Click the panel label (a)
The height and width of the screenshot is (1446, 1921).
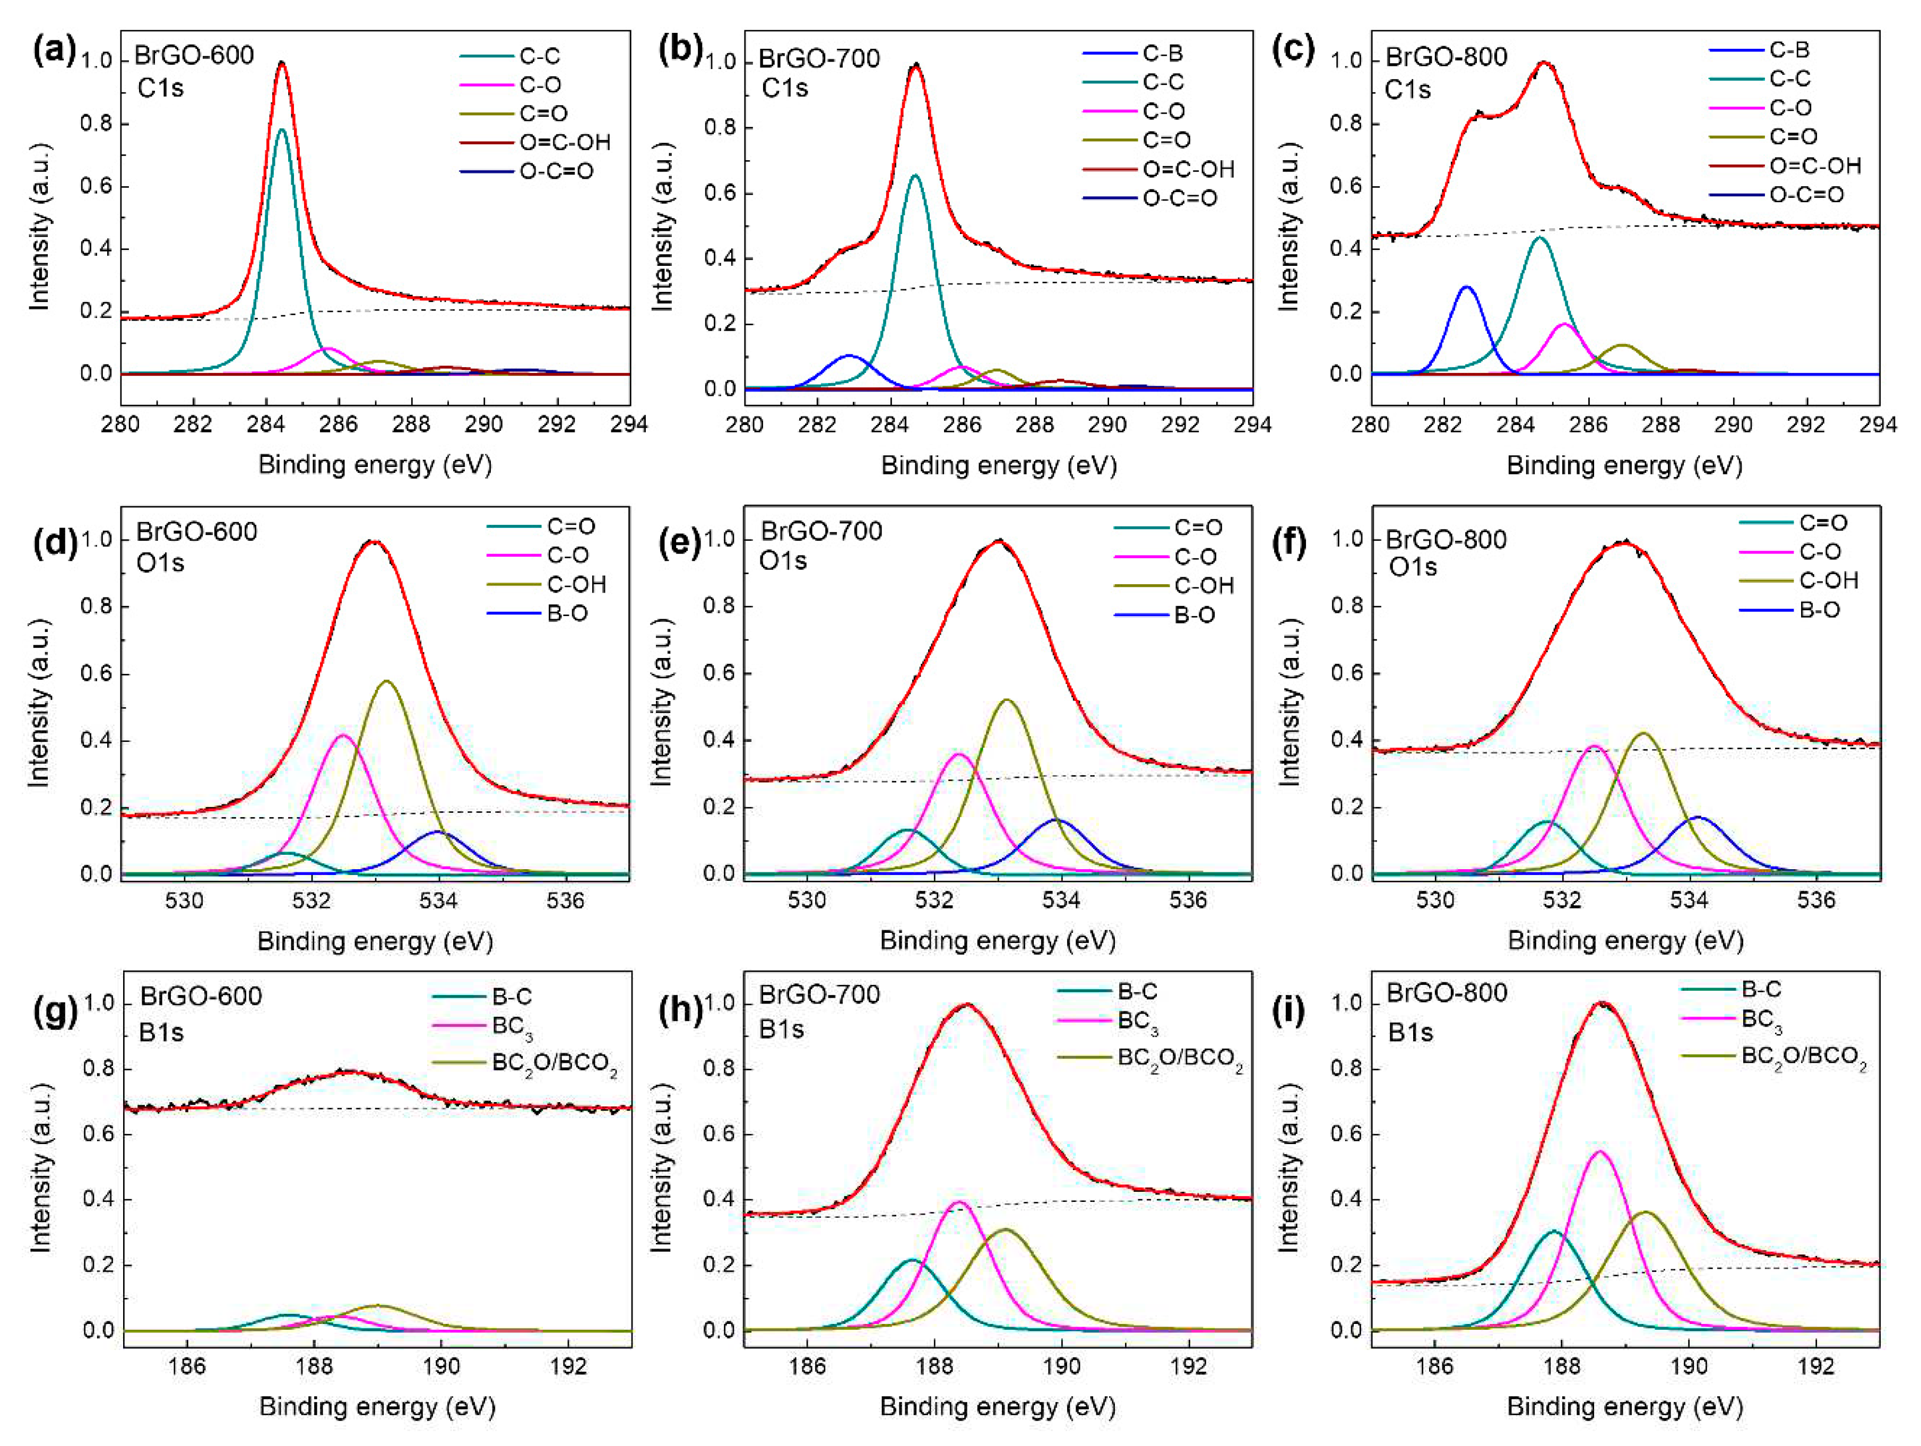click(x=54, y=49)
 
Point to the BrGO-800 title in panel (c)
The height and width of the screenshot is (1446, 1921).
click(x=1446, y=57)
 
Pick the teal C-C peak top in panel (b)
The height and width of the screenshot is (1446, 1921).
click(x=914, y=176)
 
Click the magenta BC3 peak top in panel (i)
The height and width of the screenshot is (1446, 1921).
click(x=1599, y=1151)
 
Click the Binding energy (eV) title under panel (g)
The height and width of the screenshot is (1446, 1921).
click(x=377, y=1406)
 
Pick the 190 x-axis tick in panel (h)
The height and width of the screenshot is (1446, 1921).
click(x=1061, y=1366)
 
